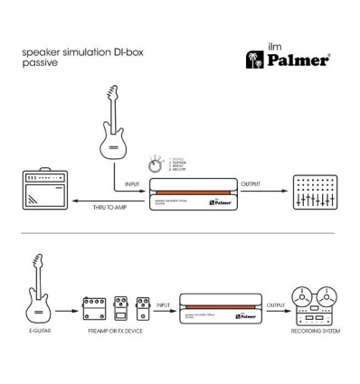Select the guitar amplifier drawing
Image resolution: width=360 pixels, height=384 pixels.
point(44,192)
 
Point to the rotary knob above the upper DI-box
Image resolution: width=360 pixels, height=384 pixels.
point(155,166)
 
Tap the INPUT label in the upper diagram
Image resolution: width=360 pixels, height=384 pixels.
point(132,183)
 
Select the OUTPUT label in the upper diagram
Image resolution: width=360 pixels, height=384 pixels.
point(251,183)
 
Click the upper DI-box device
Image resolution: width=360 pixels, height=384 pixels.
point(191,192)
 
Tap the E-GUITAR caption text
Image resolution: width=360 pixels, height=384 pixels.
point(38,344)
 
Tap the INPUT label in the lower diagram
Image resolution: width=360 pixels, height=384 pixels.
point(164,304)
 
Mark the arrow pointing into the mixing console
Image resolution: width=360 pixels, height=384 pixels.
point(276,191)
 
